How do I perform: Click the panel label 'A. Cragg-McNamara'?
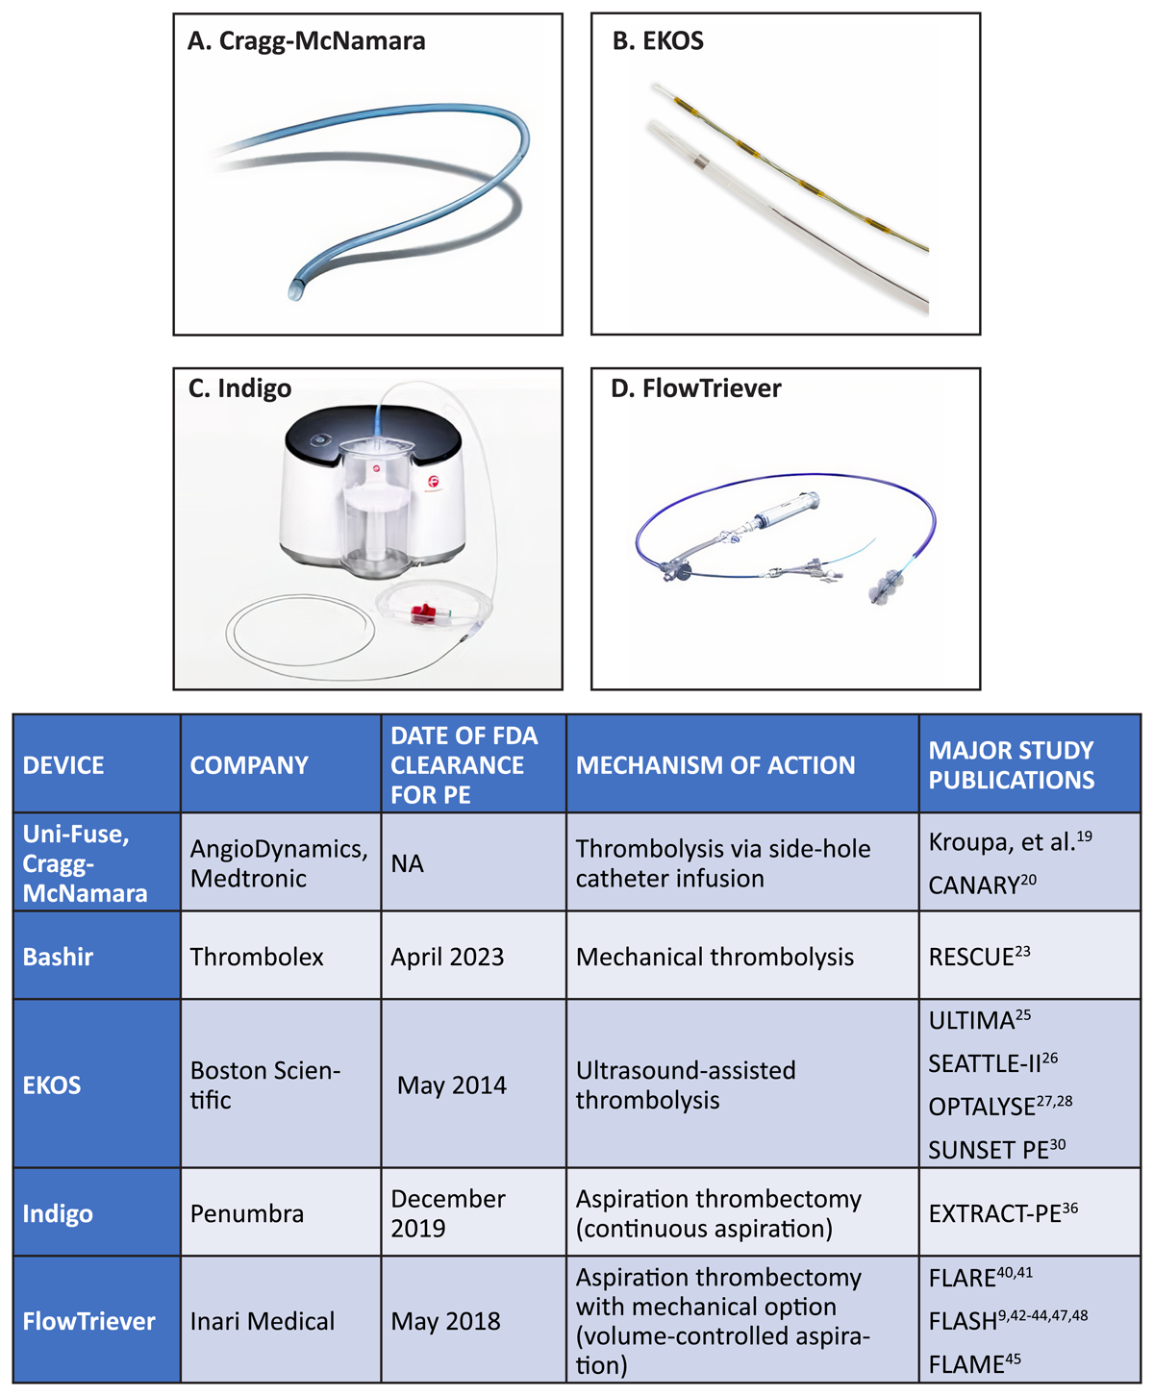pos(306,41)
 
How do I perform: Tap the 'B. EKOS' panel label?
pos(658,40)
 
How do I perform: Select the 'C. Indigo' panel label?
pos(239,388)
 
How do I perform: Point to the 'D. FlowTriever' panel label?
pos(695,388)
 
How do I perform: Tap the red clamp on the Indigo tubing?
pos(423,613)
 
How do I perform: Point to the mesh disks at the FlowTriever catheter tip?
pos(885,585)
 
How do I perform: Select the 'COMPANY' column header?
pos(249,765)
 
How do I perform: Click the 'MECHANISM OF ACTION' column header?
pos(715,765)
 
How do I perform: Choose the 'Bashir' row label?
pos(58,957)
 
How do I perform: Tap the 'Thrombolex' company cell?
pos(256,957)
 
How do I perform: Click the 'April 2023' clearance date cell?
pos(447,957)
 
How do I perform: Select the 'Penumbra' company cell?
pos(247,1213)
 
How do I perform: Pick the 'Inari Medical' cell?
pos(263,1321)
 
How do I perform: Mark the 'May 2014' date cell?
pos(452,1085)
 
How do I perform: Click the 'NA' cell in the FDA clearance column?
pos(408,863)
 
